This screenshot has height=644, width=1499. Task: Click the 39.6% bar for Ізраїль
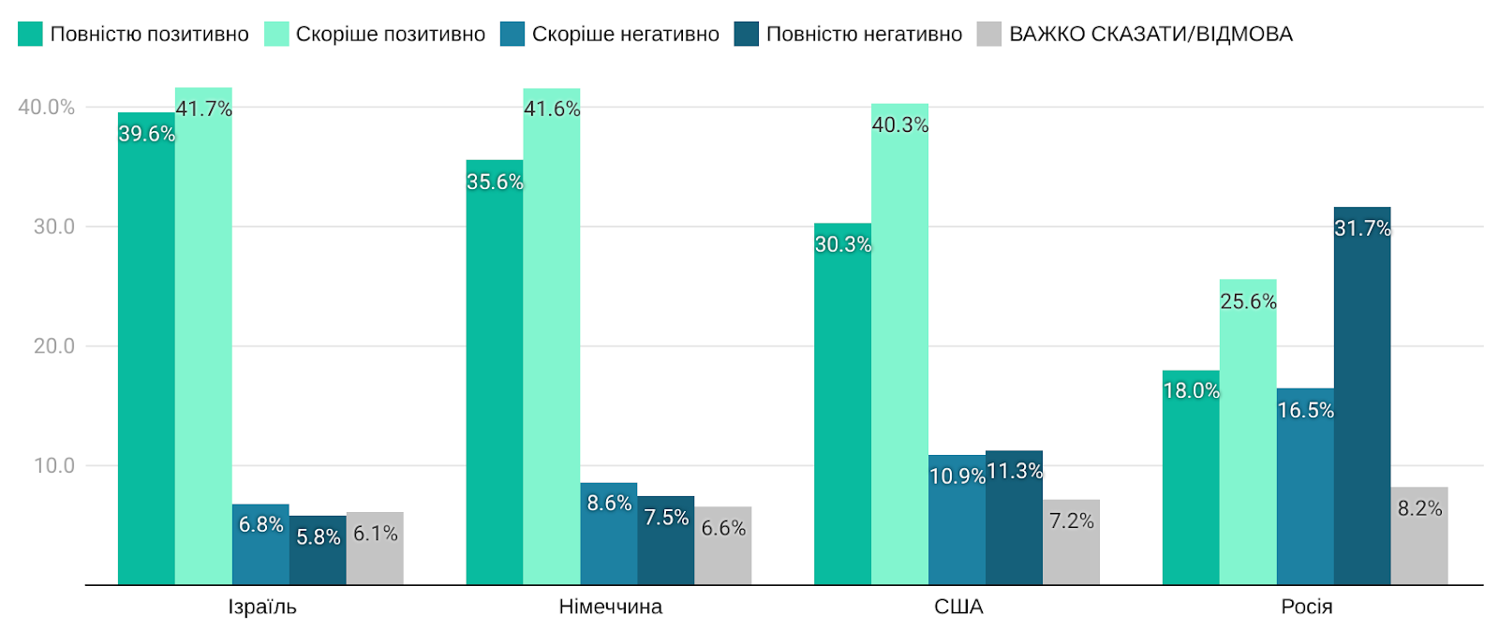(146, 356)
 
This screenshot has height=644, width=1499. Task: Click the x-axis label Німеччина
(610, 607)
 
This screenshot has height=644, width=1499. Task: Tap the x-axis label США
(958, 607)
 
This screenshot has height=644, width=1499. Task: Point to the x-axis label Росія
(1306, 607)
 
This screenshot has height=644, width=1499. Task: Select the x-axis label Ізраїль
(262, 607)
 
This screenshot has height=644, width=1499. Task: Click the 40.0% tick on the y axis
(47, 107)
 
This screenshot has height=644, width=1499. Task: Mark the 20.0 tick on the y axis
(54, 346)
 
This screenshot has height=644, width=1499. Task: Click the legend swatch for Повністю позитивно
(30, 35)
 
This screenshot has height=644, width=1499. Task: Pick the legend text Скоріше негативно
(625, 35)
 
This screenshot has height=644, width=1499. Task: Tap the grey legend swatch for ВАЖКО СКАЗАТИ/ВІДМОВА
(988, 35)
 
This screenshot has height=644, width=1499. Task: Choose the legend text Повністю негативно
(864, 35)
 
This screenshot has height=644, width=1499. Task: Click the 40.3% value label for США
(900, 124)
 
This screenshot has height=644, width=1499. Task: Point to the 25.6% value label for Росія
(1248, 301)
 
